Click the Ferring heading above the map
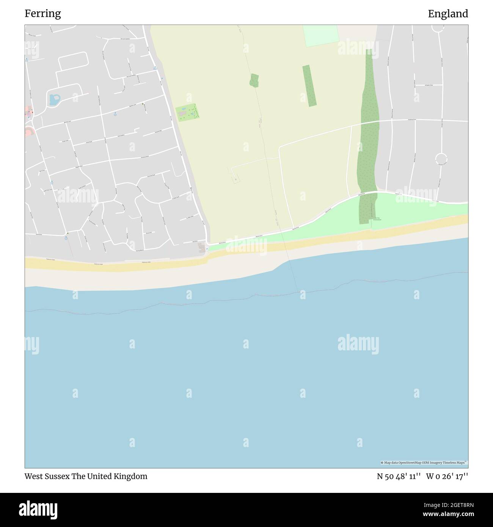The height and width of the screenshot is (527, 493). pyautogui.click(x=42, y=14)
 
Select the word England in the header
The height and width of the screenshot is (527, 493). pyautogui.click(x=448, y=14)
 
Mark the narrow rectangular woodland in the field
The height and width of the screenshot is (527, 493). pyautogui.click(x=309, y=86)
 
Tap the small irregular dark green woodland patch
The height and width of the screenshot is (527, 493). pyautogui.click(x=254, y=80)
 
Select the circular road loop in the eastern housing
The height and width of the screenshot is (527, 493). pyautogui.click(x=441, y=158)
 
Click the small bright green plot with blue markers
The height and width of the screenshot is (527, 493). pyautogui.click(x=188, y=112)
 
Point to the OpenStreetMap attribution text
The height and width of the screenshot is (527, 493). pyautogui.click(x=424, y=463)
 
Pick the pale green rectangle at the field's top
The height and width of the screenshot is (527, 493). pyautogui.click(x=320, y=36)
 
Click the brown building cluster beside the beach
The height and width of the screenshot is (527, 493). pyautogui.click(x=202, y=248)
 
